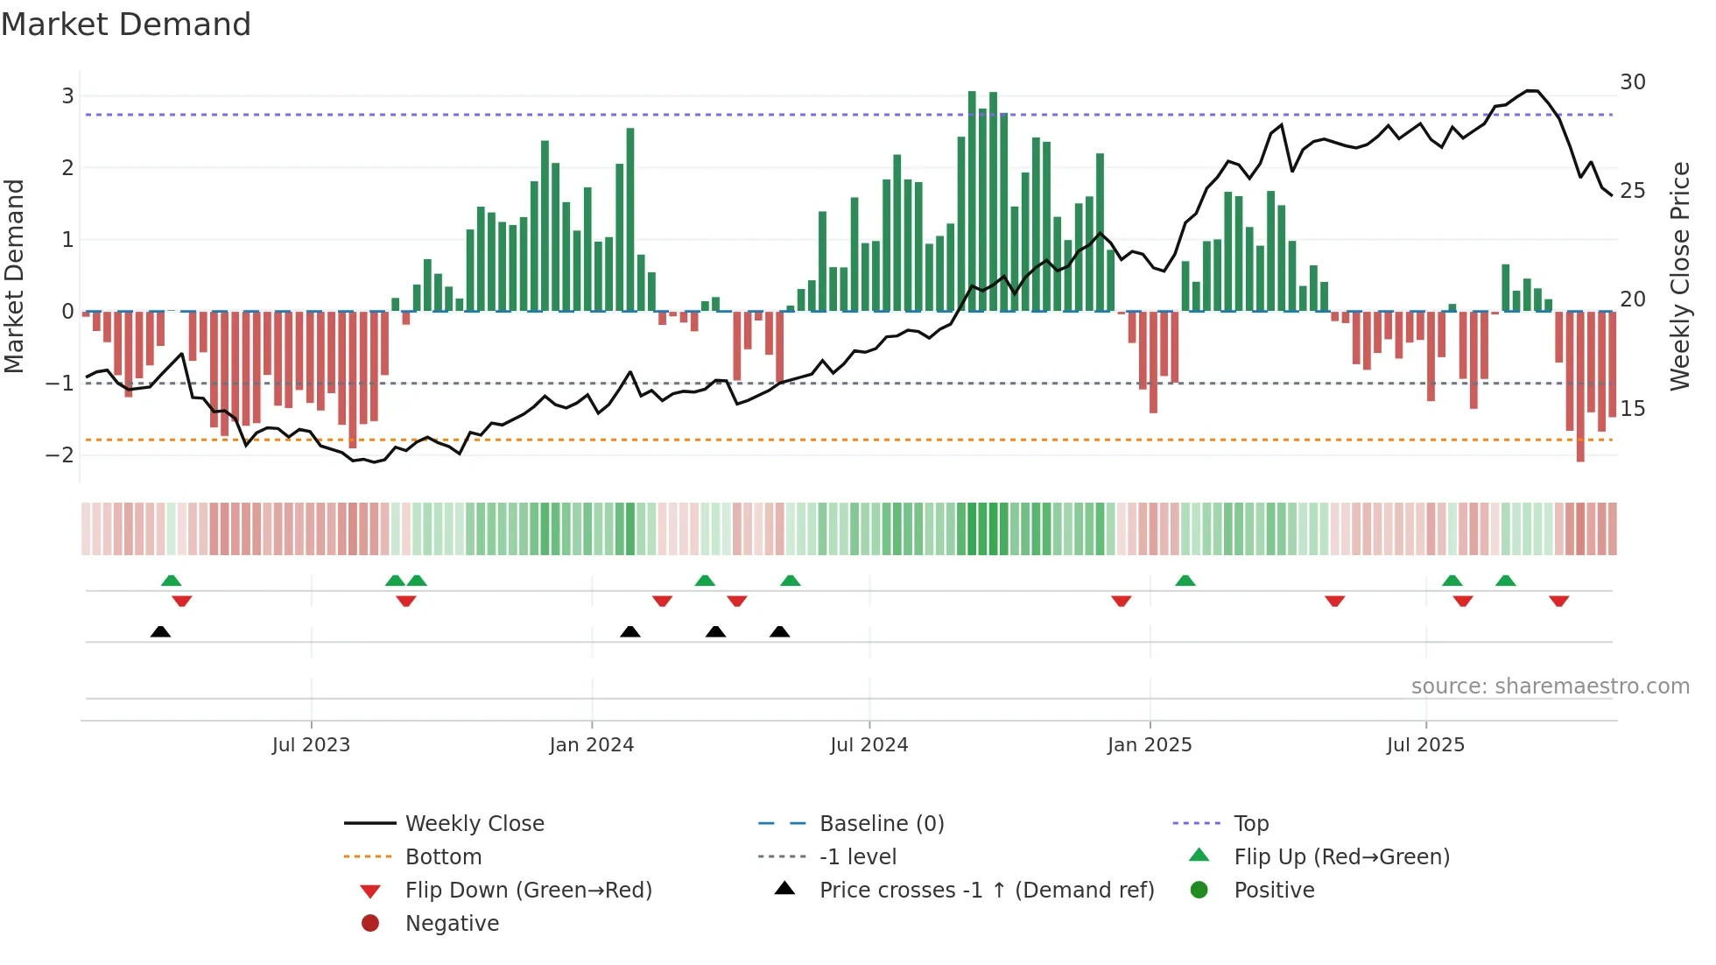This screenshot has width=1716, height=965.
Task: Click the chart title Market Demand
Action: pyautogui.click(x=126, y=25)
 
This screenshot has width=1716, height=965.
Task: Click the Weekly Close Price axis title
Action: pyautogui.click(x=1679, y=276)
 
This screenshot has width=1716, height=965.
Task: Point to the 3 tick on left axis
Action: pyautogui.click(x=67, y=95)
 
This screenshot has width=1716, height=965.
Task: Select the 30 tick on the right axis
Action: pyautogui.click(x=1632, y=82)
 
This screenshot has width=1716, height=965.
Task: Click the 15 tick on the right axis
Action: pyautogui.click(x=1632, y=409)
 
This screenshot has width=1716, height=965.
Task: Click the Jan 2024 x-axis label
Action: pyautogui.click(x=591, y=745)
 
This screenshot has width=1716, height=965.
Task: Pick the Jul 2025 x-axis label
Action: pyautogui.click(x=1424, y=745)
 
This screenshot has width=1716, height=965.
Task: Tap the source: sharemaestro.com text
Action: pyautogui.click(x=1550, y=687)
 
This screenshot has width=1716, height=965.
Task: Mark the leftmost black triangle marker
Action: pyautogui.click(x=160, y=631)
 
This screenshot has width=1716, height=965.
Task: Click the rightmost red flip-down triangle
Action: pyautogui.click(x=1558, y=601)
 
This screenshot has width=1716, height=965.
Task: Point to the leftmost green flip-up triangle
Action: pyautogui.click(x=172, y=581)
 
